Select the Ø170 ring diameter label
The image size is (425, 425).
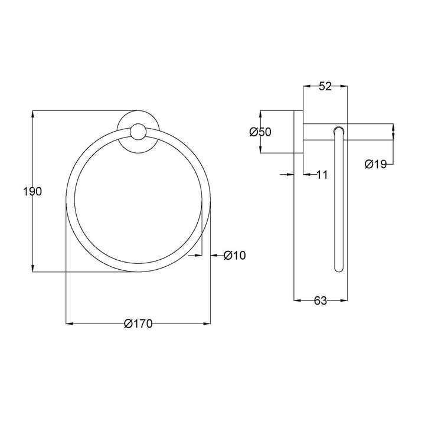pyautogui.click(x=139, y=323)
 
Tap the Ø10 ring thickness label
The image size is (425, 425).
pyautogui.click(x=235, y=255)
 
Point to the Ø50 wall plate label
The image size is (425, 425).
pyautogui.click(x=260, y=132)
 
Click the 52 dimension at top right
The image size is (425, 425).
pyautogui.click(x=325, y=86)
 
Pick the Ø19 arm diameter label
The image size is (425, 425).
pyautogui.click(x=375, y=165)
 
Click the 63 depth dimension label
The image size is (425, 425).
pyautogui.click(x=320, y=300)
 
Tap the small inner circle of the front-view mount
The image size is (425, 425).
pyautogui.click(x=138, y=132)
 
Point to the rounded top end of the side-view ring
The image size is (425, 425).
pyautogui.click(x=338, y=129)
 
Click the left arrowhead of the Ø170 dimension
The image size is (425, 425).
pyautogui.click(x=68, y=323)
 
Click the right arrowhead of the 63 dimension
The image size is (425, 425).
pyautogui.click(x=344, y=300)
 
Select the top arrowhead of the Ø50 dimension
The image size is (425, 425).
pyautogui.click(x=260, y=113)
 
